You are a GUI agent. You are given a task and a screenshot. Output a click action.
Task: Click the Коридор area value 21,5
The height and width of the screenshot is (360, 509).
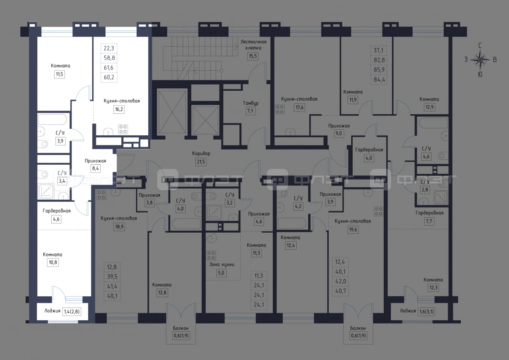click(201, 162)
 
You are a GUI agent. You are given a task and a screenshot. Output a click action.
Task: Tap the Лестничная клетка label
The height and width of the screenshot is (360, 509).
click(253, 45)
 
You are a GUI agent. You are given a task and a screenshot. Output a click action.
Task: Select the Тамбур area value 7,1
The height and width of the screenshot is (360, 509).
click(250, 111)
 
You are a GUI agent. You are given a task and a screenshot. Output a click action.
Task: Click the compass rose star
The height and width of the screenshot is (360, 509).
click(480, 60)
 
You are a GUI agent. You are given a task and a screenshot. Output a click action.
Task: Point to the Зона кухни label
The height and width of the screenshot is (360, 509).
click(221, 264)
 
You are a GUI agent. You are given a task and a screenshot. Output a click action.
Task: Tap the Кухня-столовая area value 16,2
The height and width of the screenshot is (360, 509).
click(119, 109)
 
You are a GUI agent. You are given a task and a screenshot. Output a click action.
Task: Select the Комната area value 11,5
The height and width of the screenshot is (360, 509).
click(60, 74)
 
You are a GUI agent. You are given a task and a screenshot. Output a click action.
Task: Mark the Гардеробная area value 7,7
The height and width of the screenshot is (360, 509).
click(429, 221)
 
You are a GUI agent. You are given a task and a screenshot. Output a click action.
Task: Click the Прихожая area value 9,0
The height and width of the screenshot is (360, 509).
click(338, 133)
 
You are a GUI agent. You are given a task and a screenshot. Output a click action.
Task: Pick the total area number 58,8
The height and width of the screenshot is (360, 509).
click(109, 58)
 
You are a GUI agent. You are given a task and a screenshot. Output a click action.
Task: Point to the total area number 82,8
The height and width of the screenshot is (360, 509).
click(379, 60)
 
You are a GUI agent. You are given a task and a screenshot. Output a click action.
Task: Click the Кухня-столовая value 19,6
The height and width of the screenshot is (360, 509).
click(353, 230)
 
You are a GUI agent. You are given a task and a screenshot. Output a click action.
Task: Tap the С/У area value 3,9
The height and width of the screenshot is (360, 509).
click(60, 141)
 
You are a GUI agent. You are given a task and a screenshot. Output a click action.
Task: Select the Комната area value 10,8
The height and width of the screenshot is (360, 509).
click(53, 263)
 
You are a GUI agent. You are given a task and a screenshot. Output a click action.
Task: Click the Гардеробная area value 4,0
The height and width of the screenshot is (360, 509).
click(369, 158)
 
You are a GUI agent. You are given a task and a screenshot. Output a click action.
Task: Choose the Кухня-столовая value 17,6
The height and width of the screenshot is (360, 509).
click(299, 107)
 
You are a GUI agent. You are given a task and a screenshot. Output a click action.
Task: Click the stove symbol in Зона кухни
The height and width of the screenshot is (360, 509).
click(211, 255)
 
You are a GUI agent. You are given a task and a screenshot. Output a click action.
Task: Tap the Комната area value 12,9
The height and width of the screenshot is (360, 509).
click(429, 107)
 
